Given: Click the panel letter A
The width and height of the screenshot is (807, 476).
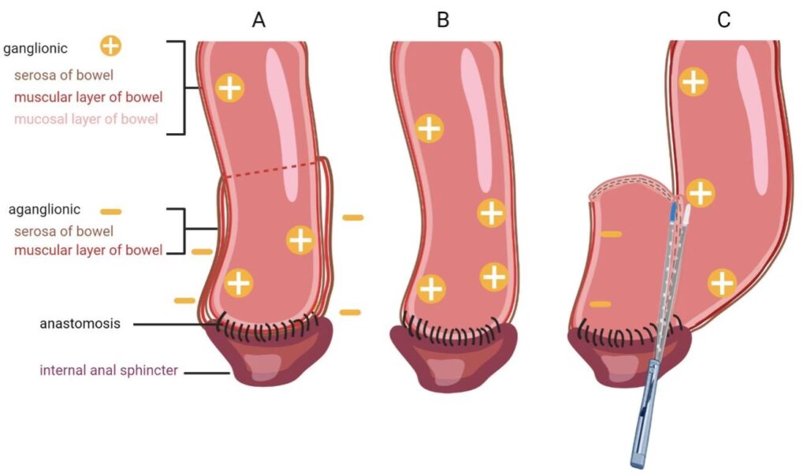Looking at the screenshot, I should click(258, 20).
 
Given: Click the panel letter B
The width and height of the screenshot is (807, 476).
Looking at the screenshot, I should click(443, 20).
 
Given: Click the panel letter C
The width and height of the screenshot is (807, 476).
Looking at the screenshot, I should click(723, 20).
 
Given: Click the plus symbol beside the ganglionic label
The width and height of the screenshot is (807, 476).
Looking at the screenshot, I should click(111, 46).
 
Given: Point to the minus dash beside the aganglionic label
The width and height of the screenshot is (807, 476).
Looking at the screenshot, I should click(111, 211).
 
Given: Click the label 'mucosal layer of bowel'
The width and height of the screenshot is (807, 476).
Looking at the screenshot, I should click(86, 119).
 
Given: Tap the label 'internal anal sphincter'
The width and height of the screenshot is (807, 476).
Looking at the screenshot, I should click(101, 370).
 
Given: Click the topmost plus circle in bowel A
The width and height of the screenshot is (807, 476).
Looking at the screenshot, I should click(229, 87).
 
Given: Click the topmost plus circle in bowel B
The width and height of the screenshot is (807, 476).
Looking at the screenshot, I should click(429, 128).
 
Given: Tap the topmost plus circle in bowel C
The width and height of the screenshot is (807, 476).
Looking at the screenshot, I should click(693, 80).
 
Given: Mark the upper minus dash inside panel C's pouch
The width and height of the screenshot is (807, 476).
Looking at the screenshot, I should click(611, 234).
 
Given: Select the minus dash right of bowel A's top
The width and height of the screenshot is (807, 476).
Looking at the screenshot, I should click(353, 217).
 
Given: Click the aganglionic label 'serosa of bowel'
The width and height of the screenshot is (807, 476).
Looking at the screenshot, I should click(64, 232).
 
